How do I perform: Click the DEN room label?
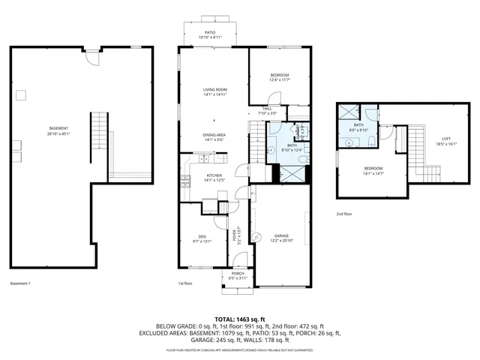point(202,236)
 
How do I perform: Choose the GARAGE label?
point(280,235)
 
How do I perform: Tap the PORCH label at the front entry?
point(238,273)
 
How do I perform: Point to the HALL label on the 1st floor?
point(267,109)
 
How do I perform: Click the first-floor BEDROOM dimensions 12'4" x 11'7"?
point(279,80)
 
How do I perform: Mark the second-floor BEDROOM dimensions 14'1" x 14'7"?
point(373,173)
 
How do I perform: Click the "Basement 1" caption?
point(20,283)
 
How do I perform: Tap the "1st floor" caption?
point(186,283)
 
